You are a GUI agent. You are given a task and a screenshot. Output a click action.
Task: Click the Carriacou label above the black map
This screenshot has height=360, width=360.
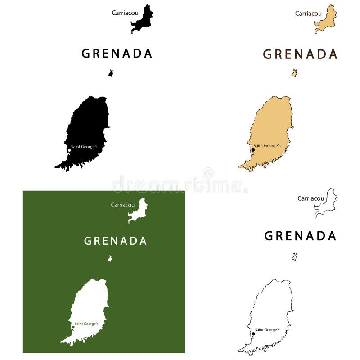pos(125,13)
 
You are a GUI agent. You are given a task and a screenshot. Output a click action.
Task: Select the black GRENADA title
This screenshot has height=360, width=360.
pos(117,54)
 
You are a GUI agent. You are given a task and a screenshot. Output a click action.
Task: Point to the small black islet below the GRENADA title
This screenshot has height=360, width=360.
pos(111,73)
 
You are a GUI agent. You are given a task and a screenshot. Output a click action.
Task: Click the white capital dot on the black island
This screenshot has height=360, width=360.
pos(69,150)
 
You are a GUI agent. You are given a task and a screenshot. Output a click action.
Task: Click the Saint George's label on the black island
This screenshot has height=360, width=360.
pos(84,147)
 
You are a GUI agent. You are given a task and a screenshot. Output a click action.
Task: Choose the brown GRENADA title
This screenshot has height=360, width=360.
pos(300,54)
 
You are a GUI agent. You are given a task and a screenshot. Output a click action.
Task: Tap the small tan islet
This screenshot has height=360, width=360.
pos(294,73)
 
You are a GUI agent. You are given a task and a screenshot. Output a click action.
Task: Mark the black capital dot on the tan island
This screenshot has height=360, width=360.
pos(253,150)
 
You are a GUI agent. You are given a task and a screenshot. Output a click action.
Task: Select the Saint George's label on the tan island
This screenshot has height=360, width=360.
pos(267,146)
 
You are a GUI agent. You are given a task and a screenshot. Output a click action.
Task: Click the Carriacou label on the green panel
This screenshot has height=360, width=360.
pos(123,205)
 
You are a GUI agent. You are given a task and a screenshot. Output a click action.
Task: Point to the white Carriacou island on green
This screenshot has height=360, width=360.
pos(139,211)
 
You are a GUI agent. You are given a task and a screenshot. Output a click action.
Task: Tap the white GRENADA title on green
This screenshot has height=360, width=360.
pos(116,241)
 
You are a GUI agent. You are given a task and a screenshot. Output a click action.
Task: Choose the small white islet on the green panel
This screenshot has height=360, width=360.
pos(110,259)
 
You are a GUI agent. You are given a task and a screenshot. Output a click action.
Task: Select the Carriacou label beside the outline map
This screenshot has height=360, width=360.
pos(311,198)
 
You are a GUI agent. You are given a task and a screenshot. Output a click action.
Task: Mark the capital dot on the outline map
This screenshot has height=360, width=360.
pos(253,334)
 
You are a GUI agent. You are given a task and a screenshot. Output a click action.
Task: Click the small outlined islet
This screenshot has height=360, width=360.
pos(294,257)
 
